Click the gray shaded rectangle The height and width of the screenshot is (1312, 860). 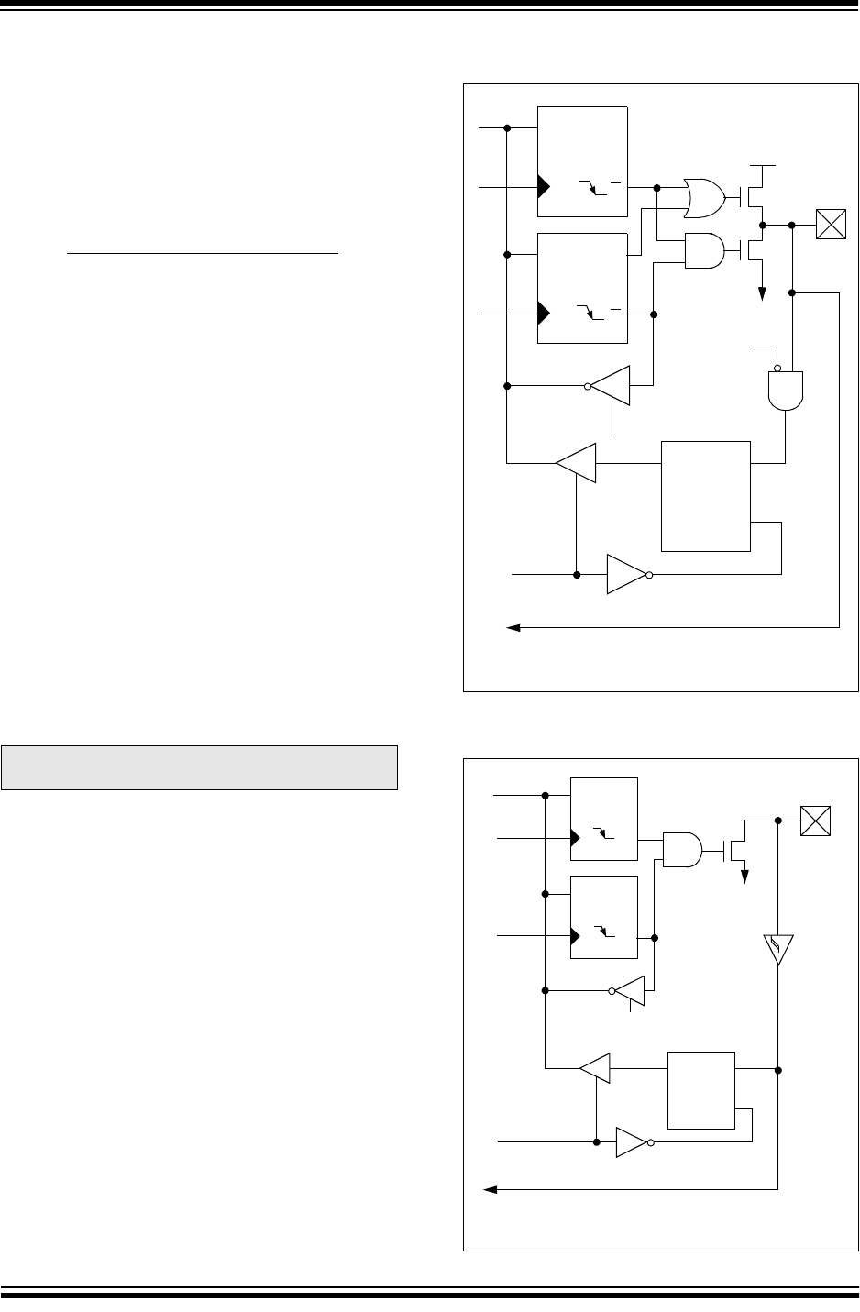pos(199,767)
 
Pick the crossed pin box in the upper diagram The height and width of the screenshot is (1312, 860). pos(831,224)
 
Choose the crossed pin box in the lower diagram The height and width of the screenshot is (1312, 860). pos(815,820)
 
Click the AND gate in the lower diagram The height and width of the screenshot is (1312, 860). pos(682,849)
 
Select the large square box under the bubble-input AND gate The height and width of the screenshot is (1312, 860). pos(706,496)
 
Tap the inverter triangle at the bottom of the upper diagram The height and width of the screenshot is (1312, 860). pos(627,575)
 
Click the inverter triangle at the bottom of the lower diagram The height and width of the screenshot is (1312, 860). pos(632,1142)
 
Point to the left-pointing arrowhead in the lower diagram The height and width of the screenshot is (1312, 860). pos(491,1189)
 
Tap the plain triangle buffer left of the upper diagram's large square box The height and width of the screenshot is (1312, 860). pos(578,463)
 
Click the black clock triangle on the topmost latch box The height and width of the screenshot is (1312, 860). pos(544,187)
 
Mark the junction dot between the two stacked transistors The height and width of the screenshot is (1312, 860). pos(763,224)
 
